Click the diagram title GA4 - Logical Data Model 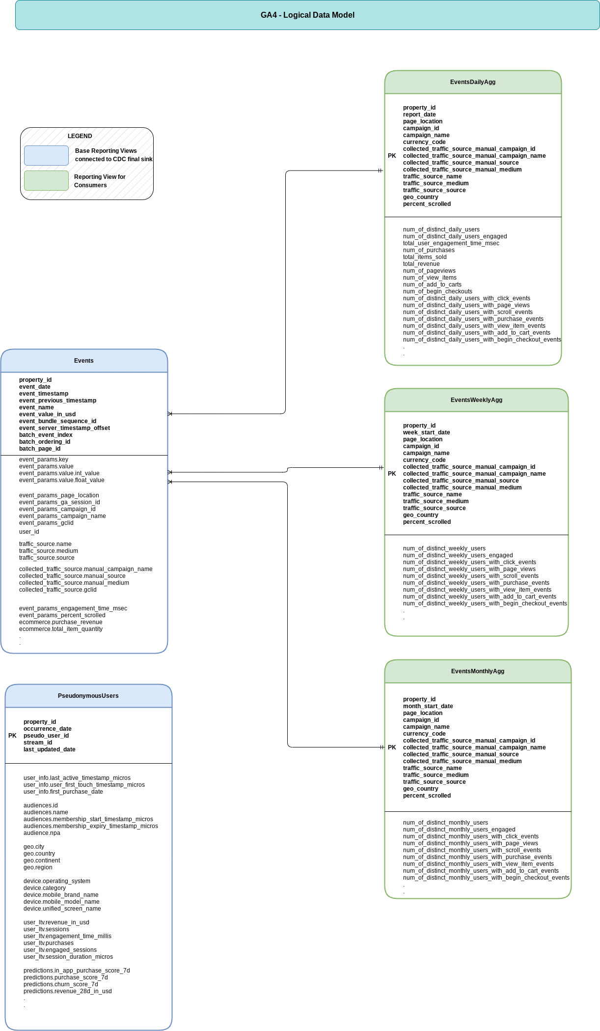(307, 15)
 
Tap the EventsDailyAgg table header (472, 82)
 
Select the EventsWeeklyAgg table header (476, 400)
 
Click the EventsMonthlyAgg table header (477, 671)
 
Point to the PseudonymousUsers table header (88, 696)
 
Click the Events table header (84, 361)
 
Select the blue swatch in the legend (46, 155)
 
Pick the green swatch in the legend (46, 181)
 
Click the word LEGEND (80, 136)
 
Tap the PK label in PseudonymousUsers (12, 736)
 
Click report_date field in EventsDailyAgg (419, 115)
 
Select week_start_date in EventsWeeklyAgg (426, 432)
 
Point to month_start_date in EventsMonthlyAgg (428, 706)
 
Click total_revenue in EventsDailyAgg (421, 264)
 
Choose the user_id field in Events (29, 532)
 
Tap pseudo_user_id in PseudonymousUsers (46, 736)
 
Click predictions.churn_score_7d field (60, 984)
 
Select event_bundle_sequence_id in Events (57, 421)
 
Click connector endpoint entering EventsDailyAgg (381, 171)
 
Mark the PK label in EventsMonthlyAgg (391, 747)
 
